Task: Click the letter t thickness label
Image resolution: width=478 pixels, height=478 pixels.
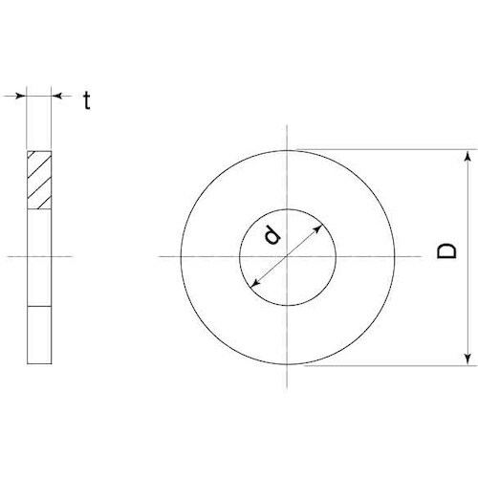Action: click(x=86, y=100)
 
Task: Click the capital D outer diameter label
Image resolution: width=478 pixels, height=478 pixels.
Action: click(x=445, y=253)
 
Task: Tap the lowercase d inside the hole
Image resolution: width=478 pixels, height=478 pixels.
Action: click(x=272, y=234)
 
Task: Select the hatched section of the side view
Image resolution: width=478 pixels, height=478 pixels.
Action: click(x=39, y=179)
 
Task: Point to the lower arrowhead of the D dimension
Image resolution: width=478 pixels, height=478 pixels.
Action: click(x=467, y=358)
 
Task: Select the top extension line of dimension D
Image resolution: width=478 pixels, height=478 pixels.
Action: click(x=382, y=148)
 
